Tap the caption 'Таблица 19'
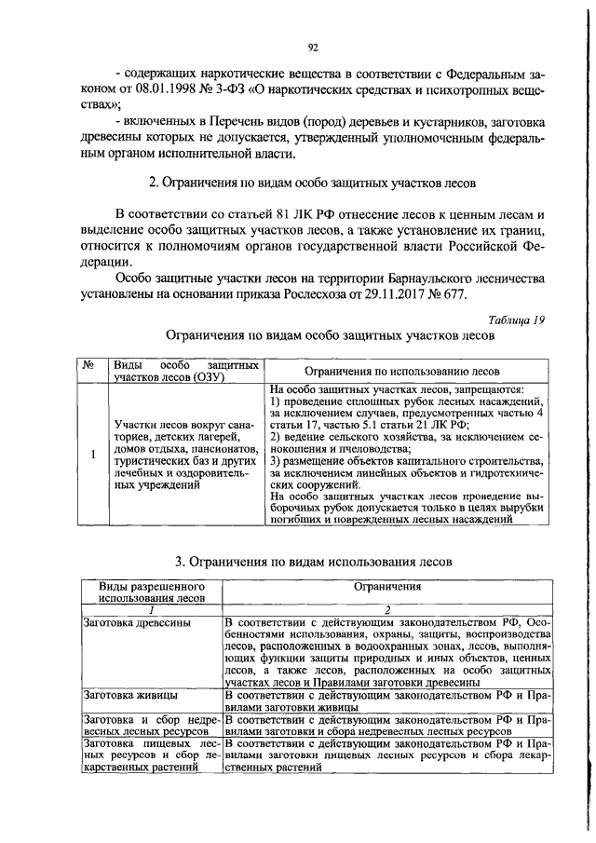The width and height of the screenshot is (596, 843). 516,320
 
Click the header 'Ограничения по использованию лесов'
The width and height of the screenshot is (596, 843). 405,370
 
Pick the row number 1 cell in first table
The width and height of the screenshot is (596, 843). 91,455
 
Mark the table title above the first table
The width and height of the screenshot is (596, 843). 329,334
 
